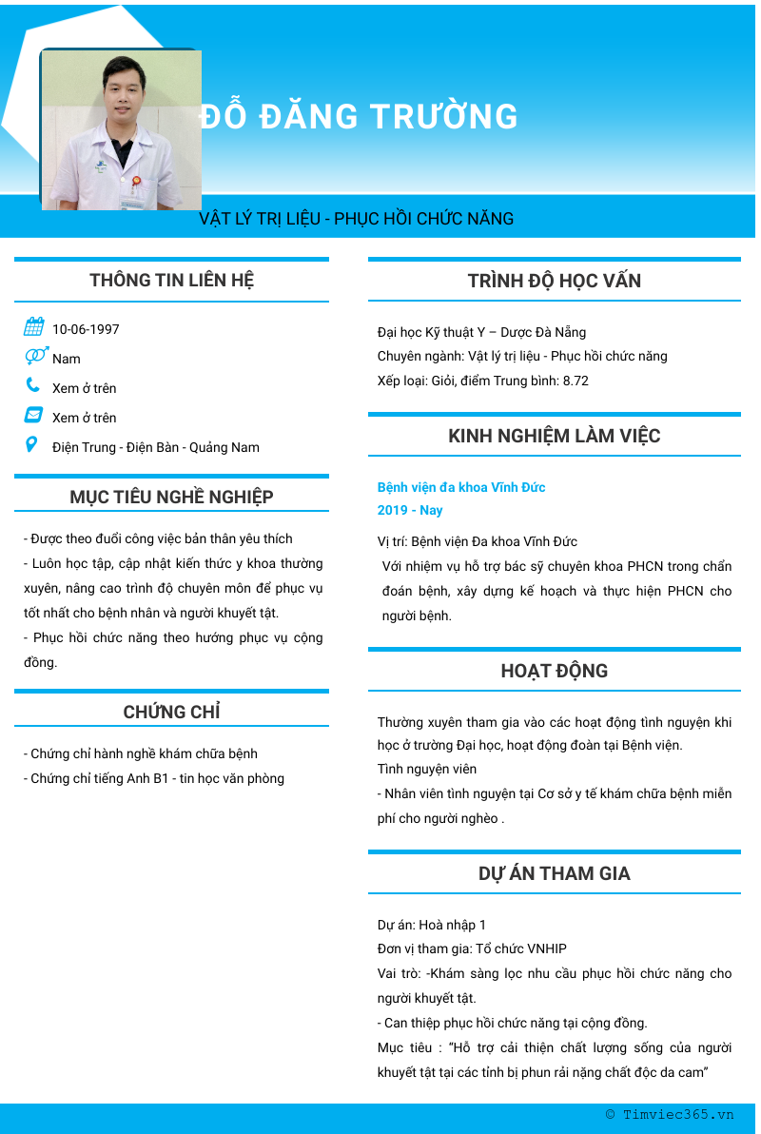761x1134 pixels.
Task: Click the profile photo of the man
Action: (x=121, y=129)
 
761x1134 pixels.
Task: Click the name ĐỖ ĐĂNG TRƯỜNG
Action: (x=360, y=117)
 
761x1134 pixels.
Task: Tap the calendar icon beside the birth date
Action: (x=34, y=327)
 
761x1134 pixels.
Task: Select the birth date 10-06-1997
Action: (x=86, y=329)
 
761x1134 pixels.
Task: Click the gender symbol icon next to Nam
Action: (x=36, y=356)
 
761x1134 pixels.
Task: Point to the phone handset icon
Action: (x=33, y=385)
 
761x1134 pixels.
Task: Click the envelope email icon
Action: (x=33, y=415)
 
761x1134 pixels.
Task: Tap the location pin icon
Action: (x=32, y=444)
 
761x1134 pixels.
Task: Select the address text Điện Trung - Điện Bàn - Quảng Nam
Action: (x=156, y=447)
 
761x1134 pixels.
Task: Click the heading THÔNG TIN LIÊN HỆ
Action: (x=172, y=280)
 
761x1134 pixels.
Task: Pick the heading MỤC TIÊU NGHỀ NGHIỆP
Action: (x=172, y=497)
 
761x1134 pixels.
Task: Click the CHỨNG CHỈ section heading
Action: (x=172, y=712)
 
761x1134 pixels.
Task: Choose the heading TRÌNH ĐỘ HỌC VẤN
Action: (x=555, y=281)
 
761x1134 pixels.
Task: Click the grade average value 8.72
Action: (x=576, y=381)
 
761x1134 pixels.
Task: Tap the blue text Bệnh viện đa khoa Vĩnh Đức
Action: (x=461, y=487)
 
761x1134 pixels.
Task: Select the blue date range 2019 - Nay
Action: (x=410, y=510)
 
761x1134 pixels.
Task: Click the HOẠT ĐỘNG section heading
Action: (x=555, y=671)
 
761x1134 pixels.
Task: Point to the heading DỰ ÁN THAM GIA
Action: (x=555, y=873)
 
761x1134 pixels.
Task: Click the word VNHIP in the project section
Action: (x=547, y=948)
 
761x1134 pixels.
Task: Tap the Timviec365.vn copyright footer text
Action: (x=671, y=1115)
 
